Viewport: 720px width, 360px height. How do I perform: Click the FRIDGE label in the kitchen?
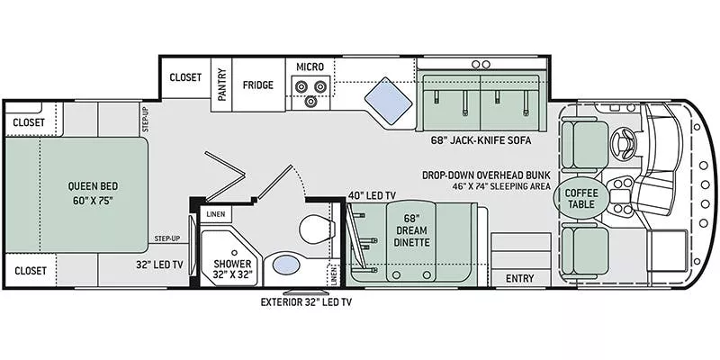257,86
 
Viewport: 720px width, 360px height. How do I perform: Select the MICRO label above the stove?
310,67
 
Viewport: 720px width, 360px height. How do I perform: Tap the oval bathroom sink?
286,265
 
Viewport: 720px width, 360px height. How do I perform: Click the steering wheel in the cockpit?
623,142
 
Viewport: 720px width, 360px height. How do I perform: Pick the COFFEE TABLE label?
580,199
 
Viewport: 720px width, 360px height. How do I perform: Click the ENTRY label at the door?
518,278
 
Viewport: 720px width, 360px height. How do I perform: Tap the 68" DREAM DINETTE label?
412,230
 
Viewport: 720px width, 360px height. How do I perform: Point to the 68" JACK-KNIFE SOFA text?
481,141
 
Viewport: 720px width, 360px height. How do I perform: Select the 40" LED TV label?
372,195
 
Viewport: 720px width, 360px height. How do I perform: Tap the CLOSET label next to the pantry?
185,77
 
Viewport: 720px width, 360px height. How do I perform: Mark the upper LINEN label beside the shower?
216,213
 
